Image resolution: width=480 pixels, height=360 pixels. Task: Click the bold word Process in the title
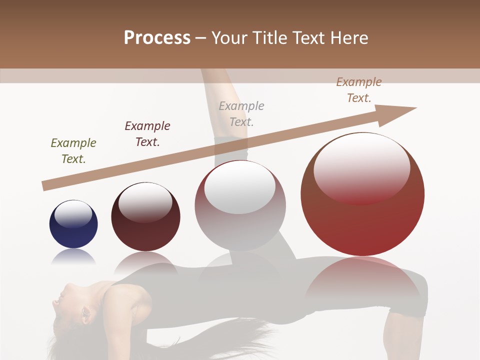(157, 37)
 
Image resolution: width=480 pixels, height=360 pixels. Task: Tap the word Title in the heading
(267, 37)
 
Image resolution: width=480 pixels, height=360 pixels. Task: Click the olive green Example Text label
(73, 150)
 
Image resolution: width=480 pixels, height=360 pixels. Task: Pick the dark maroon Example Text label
(147, 133)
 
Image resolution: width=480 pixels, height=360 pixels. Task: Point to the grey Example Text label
(241, 113)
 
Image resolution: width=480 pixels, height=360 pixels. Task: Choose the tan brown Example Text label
(359, 89)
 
